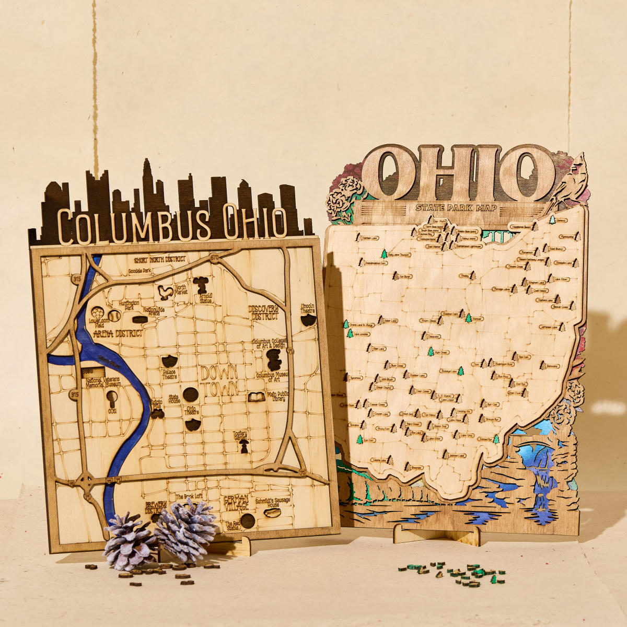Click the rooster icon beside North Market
click(x=165, y=292)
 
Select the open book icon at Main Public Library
click(x=256, y=397)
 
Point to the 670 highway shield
click(x=214, y=257)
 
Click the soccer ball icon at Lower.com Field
click(x=97, y=312)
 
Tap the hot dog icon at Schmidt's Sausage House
click(x=272, y=513)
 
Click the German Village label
click(x=236, y=503)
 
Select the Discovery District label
click(x=263, y=312)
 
